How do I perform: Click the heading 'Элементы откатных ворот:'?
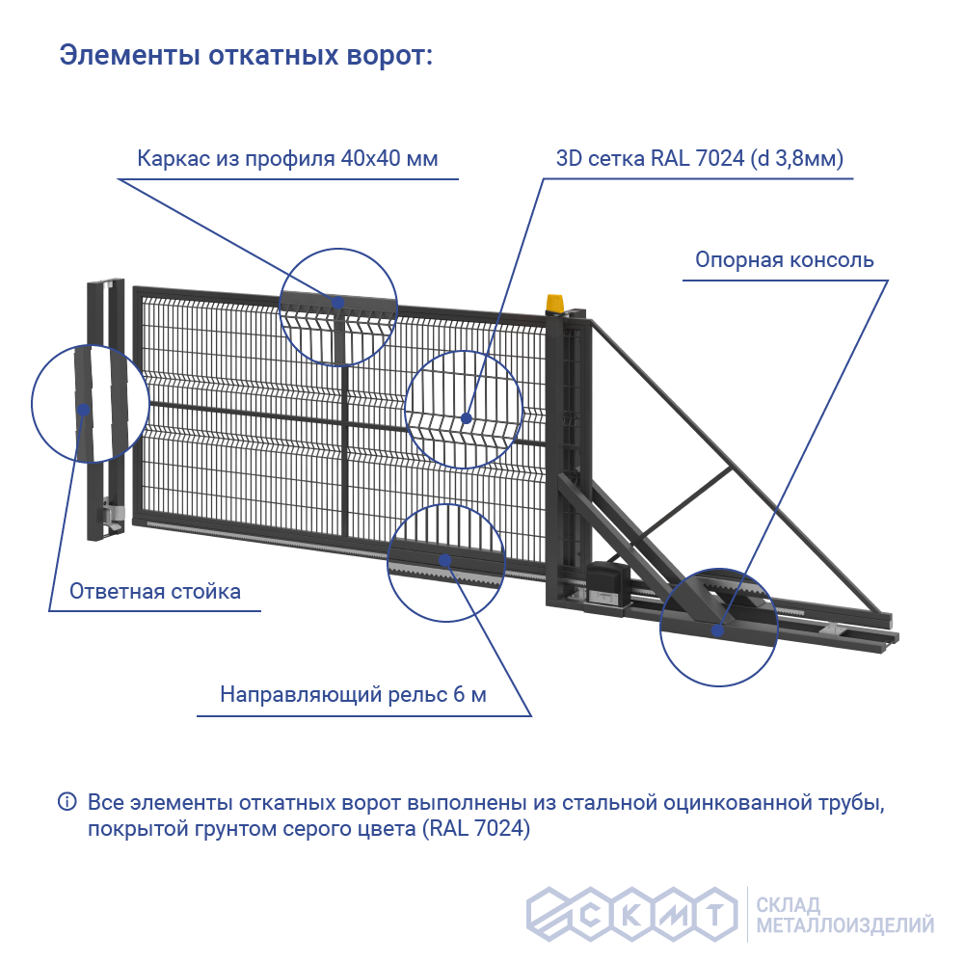pos(247,55)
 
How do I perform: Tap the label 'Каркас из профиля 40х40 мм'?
pos(287,159)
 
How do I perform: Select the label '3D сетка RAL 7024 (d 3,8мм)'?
pos(700,159)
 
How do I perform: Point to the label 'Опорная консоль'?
pos(785,260)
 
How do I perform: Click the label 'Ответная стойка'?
pos(155,591)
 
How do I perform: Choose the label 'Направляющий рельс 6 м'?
pos(354,694)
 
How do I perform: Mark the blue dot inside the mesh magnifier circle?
pos(467,418)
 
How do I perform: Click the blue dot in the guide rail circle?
pos(445,559)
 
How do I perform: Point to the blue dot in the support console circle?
pos(718,630)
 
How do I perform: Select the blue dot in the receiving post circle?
pos(84,410)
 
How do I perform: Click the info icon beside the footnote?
pos(67,802)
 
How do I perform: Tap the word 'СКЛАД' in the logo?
pos(789,905)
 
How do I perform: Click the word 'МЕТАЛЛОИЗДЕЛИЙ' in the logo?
pos(845,926)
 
